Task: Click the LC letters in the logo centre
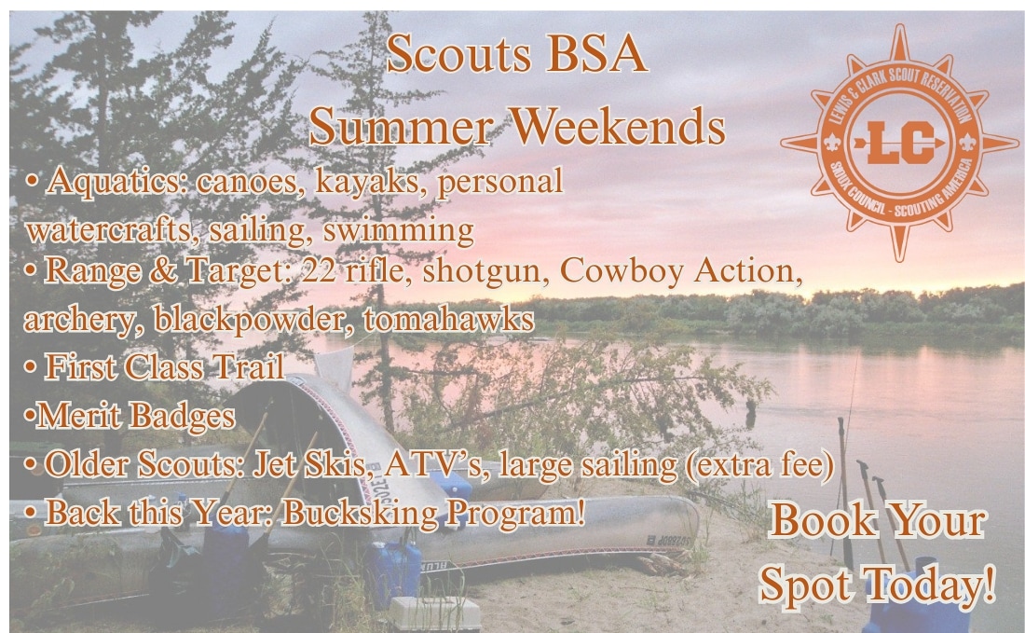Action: [x=899, y=143]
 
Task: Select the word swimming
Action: [x=398, y=230]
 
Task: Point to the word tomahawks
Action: [x=448, y=319]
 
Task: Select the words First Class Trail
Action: [x=164, y=367]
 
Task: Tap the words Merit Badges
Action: [x=135, y=416]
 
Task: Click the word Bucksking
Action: [x=360, y=513]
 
